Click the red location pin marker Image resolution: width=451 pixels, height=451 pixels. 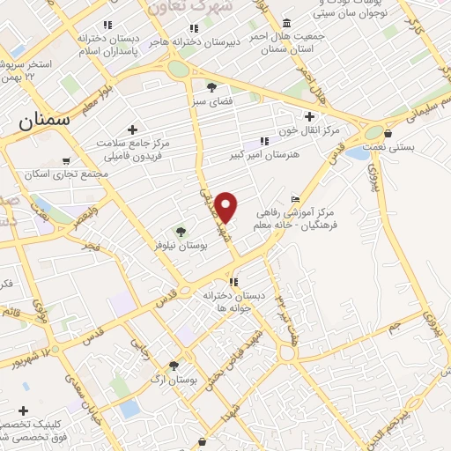pos(226,206)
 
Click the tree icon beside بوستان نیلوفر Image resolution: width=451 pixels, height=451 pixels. pos(180,232)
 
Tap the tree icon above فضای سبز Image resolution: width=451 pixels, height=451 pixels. pos(212,86)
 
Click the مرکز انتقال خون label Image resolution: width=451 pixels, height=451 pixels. pos(308,130)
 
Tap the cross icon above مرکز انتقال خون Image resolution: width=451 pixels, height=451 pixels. pos(308,115)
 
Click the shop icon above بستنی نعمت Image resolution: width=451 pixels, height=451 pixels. pos(388,134)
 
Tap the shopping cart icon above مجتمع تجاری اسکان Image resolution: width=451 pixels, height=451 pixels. pos(66,160)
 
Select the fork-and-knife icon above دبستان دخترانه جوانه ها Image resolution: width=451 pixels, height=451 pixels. pos(233,282)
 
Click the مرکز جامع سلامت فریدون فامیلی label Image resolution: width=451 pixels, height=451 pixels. pos(135,147)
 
